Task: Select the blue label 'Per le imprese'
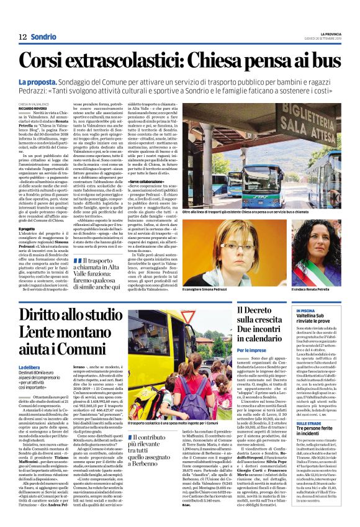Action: coord(251,351)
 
